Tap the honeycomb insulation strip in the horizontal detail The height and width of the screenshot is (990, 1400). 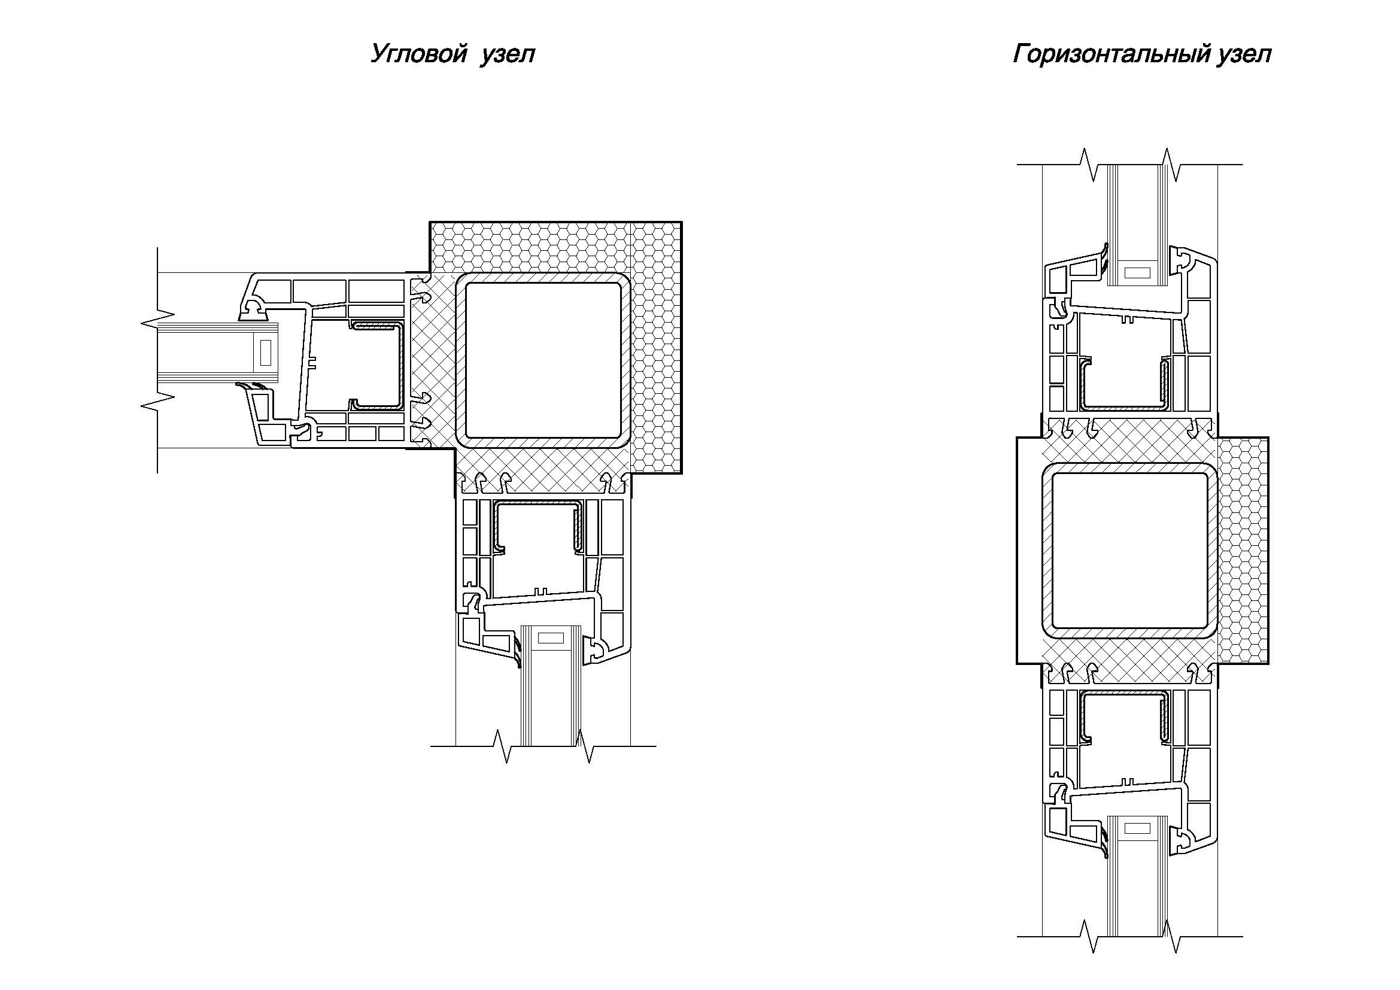1243,551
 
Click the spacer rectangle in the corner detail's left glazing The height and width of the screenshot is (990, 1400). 265,353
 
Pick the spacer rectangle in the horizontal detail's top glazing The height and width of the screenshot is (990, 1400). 1137,272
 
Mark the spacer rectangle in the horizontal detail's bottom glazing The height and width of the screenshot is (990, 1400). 1137,828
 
